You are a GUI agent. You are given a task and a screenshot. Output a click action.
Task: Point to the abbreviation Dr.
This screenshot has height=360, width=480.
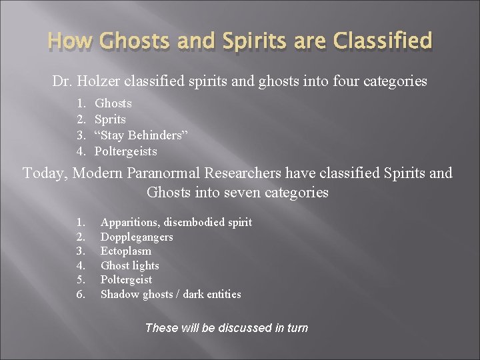(x=63, y=82)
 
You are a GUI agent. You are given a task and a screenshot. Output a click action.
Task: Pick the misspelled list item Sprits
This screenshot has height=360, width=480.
(x=110, y=119)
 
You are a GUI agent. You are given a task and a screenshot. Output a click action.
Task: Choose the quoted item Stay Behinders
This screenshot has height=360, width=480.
(x=141, y=135)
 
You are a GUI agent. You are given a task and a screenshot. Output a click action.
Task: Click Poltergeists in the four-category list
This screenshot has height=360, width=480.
(x=126, y=151)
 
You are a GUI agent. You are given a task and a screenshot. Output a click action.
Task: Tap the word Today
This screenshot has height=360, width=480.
(x=45, y=173)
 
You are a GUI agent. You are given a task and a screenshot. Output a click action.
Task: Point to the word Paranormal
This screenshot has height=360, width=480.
(x=171, y=173)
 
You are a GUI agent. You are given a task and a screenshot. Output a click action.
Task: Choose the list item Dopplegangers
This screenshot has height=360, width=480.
(x=137, y=237)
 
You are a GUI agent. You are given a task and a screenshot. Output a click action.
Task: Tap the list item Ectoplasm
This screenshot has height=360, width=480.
(x=126, y=251)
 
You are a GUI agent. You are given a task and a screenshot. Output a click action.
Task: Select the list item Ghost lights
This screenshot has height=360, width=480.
(x=130, y=265)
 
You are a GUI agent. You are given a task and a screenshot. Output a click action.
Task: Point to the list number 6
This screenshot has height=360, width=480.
(x=81, y=294)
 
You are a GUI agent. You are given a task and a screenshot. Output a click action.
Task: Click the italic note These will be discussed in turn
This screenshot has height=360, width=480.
(x=226, y=327)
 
